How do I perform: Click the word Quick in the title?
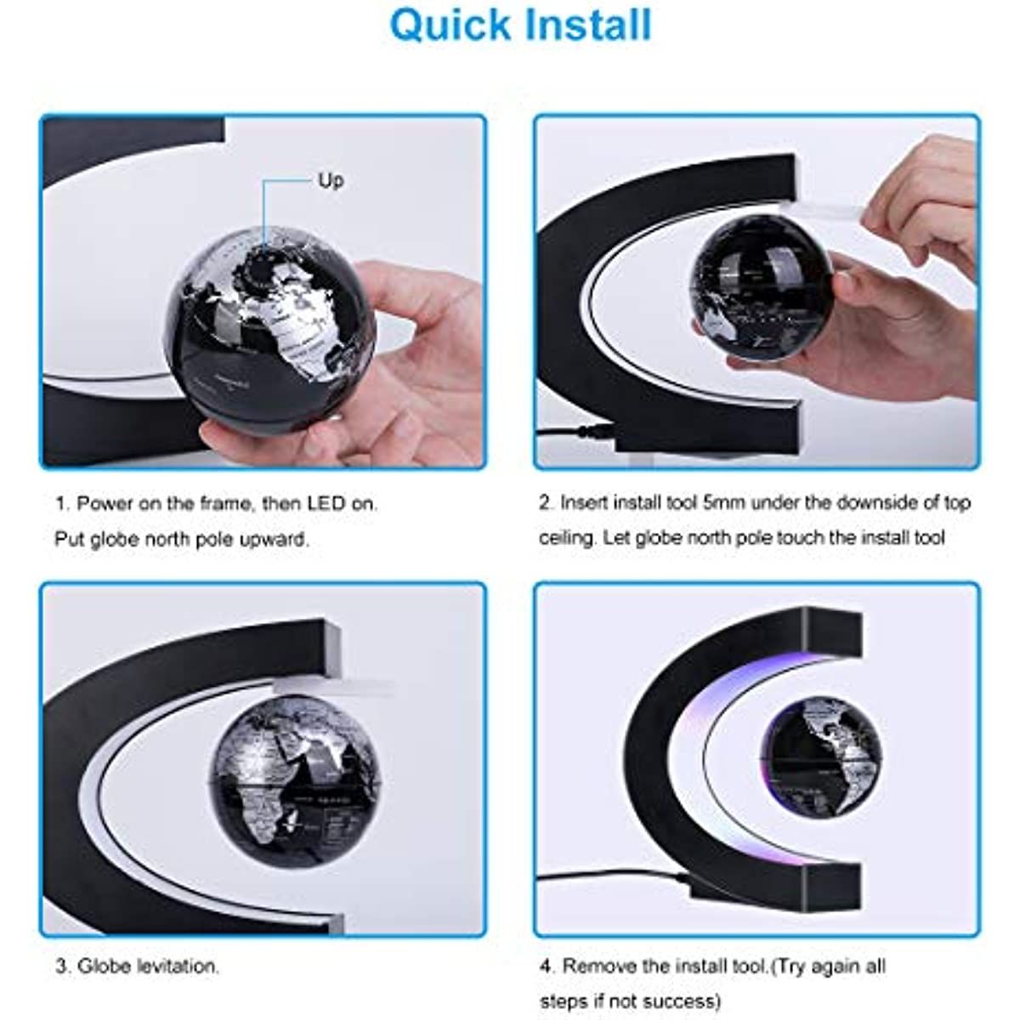[x=448, y=25]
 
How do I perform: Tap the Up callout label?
[x=331, y=180]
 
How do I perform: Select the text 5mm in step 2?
[x=724, y=502]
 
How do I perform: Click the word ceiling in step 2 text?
[x=567, y=538]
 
